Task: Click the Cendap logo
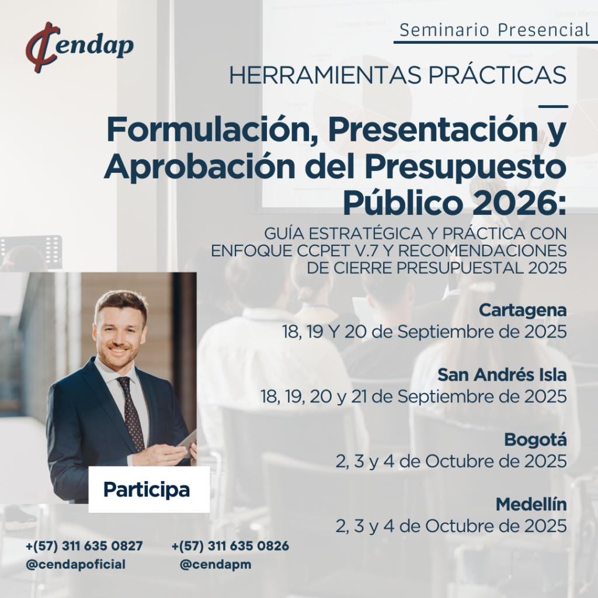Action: (79, 47)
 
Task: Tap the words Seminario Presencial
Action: (495, 30)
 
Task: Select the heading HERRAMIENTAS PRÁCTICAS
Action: (398, 75)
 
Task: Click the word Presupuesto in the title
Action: (465, 167)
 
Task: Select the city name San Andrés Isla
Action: (502, 375)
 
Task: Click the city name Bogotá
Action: (536, 439)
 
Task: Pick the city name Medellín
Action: (531, 505)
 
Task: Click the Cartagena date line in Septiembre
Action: (424, 332)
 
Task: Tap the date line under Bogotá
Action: (451, 461)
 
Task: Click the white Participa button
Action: (149, 489)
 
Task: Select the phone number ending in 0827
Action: (84, 546)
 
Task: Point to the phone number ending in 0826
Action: (230, 546)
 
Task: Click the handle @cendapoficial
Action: (75, 564)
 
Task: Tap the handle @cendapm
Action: (215, 564)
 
